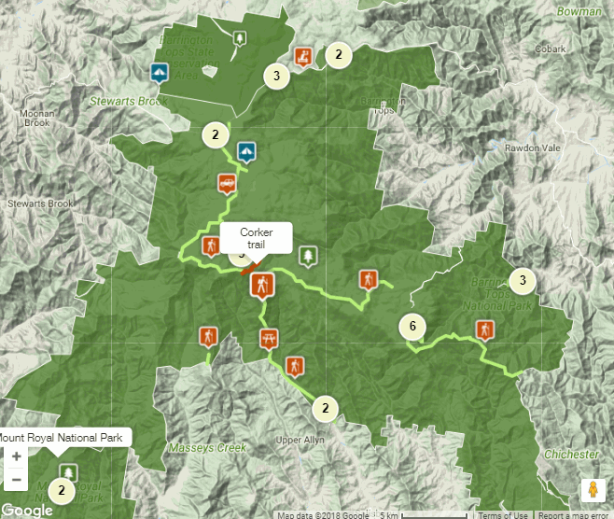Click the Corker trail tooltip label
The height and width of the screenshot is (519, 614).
pyautogui.click(x=255, y=238)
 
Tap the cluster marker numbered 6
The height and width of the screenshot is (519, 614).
pyautogui.click(x=412, y=327)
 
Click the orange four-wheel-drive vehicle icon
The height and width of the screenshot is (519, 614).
pyautogui.click(x=226, y=182)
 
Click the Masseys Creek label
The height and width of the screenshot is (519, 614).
pyautogui.click(x=206, y=448)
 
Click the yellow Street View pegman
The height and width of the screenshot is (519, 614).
pyautogui.click(x=591, y=490)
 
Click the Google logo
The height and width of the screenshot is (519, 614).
pyautogui.click(x=27, y=511)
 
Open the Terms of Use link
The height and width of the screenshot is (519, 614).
pyautogui.click(x=503, y=514)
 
